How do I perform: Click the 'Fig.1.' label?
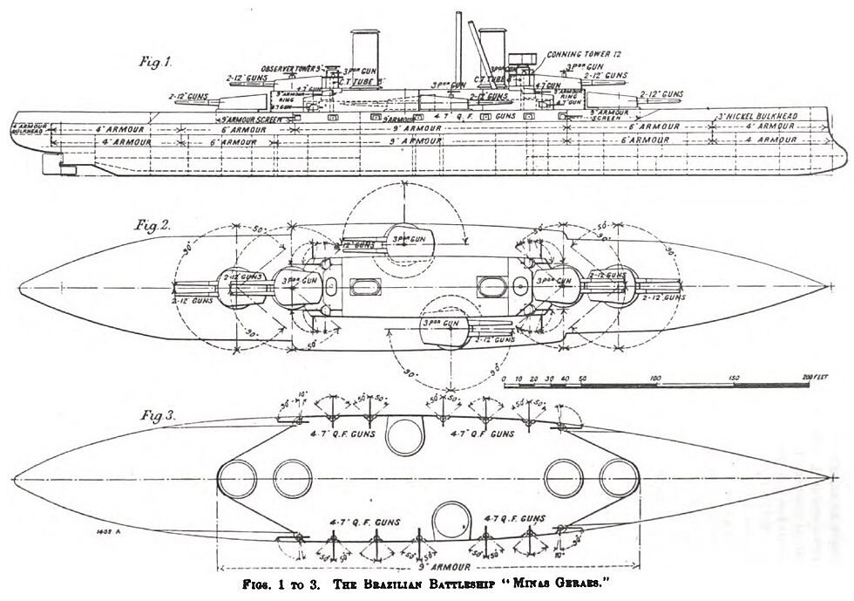157,62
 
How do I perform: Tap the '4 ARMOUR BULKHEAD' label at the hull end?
27,130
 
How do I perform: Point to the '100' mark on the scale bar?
655,377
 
